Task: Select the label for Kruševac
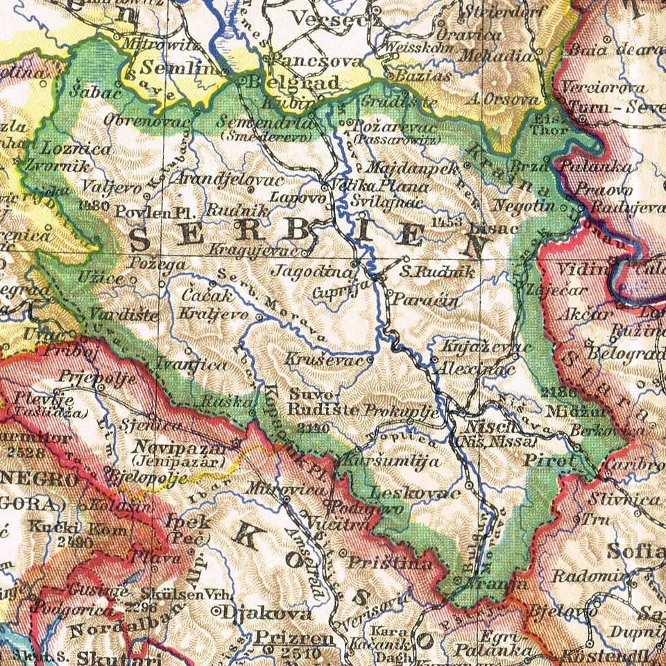[x=324, y=361]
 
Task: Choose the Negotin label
[x=524, y=205]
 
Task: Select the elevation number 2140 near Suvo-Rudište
[x=312, y=428]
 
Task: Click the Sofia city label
[x=635, y=552]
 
